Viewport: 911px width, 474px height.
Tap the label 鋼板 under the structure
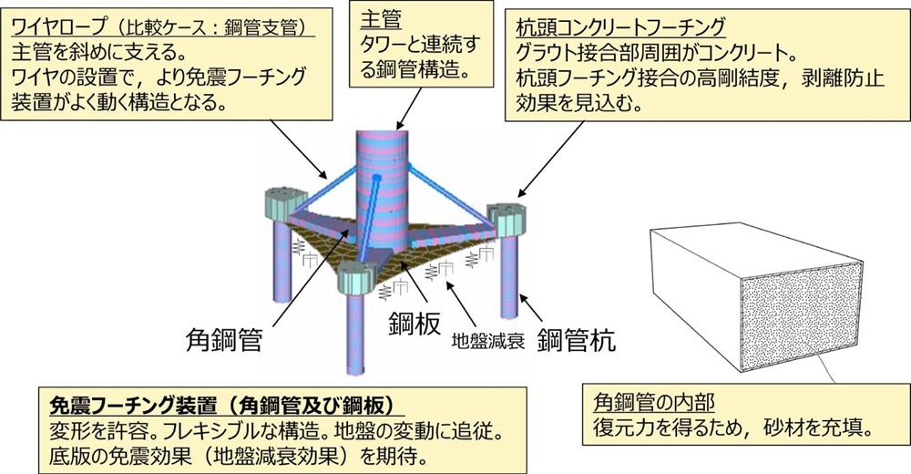point(415,325)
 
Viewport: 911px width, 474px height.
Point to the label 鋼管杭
point(576,341)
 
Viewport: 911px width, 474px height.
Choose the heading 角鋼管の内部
point(649,402)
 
